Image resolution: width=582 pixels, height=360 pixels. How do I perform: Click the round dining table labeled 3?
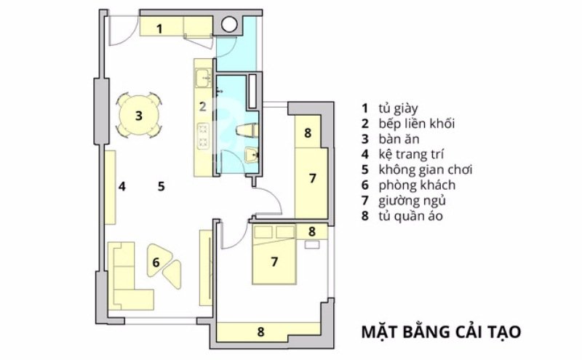coord(138,115)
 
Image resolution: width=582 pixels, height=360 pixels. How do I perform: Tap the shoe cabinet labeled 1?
coord(176,27)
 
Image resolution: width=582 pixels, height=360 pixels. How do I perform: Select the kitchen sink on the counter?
coord(203,79)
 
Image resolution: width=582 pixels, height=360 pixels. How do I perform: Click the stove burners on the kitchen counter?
coord(203,135)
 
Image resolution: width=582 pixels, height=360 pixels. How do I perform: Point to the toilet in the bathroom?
coord(246,131)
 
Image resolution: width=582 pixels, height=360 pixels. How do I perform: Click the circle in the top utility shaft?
coord(229,24)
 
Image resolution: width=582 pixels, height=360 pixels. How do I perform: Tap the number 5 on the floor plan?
coord(161,186)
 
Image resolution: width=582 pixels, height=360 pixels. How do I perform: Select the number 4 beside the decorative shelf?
coord(121,186)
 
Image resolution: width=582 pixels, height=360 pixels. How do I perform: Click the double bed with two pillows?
coord(274,255)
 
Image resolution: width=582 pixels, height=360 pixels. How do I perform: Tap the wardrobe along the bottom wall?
coord(268,332)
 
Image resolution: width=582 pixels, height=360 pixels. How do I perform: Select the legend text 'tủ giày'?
coord(398,108)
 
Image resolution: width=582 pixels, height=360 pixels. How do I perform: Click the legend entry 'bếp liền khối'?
coord(416,124)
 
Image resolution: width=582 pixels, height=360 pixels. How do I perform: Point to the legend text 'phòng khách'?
coord(417,185)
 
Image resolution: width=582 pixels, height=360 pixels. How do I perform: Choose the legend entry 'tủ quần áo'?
coord(410,216)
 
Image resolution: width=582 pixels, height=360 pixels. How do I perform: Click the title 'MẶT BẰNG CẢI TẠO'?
coord(441,332)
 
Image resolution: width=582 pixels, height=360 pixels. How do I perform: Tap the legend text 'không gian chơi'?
coord(426,169)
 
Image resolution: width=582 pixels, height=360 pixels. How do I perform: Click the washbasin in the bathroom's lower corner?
coord(252,155)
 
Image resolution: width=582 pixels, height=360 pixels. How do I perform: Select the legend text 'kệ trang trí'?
coord(411,154)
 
